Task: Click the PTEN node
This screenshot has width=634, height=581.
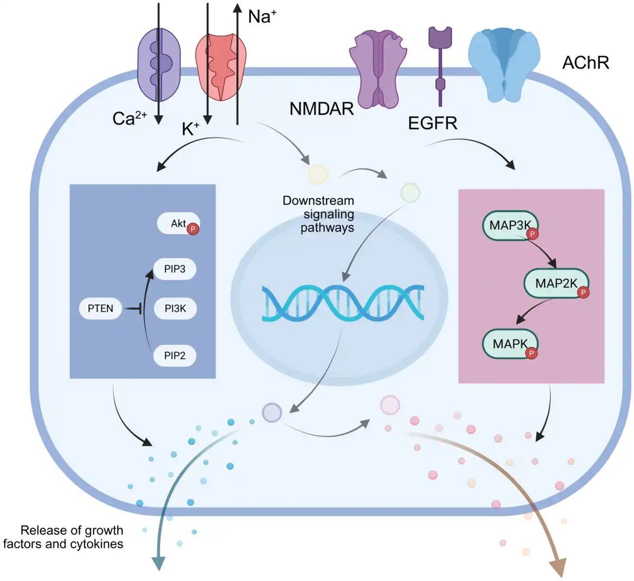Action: pos(100,308)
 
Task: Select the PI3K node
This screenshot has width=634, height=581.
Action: pos(175,308)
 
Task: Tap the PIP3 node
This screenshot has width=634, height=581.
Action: pos(174,269)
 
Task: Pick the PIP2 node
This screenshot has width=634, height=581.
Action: pos(174,355)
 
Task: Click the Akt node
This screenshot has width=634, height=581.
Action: pos(178,223)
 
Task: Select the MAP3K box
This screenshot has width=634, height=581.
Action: pos(510,226)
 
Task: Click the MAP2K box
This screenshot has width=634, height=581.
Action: pos(556,283)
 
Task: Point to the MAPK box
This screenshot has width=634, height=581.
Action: pos(510,344)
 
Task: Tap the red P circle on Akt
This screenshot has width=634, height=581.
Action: pos(193,229)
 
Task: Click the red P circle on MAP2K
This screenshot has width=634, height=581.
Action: pos(583,292)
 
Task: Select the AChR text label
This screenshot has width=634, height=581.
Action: pos(585,62)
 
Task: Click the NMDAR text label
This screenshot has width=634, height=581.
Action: pos(321,109)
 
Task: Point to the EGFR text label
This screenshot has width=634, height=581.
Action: pos(433,123)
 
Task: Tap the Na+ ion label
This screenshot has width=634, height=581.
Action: pos(262,16)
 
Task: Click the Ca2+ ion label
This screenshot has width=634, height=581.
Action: pos(129,118)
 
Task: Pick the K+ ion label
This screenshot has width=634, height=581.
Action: pos(190,128)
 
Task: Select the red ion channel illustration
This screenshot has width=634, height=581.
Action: pos(221,67)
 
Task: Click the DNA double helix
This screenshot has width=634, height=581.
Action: pos(343,303)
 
